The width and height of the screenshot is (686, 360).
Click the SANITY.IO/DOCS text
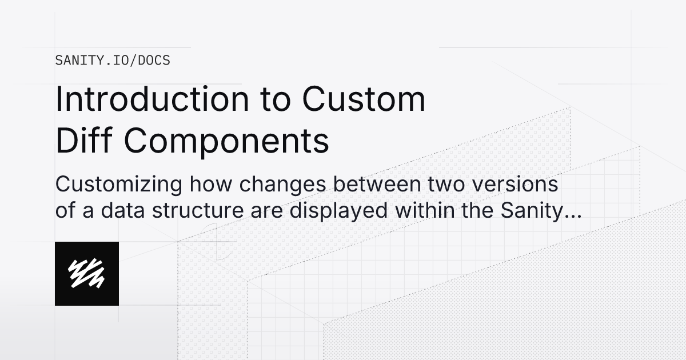[113, 60]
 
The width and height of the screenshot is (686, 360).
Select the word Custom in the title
[364, 99]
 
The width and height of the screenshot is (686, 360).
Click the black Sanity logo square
[87, 273]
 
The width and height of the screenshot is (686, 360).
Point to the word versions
[514, 185]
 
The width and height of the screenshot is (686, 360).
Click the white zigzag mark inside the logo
[87, 273]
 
